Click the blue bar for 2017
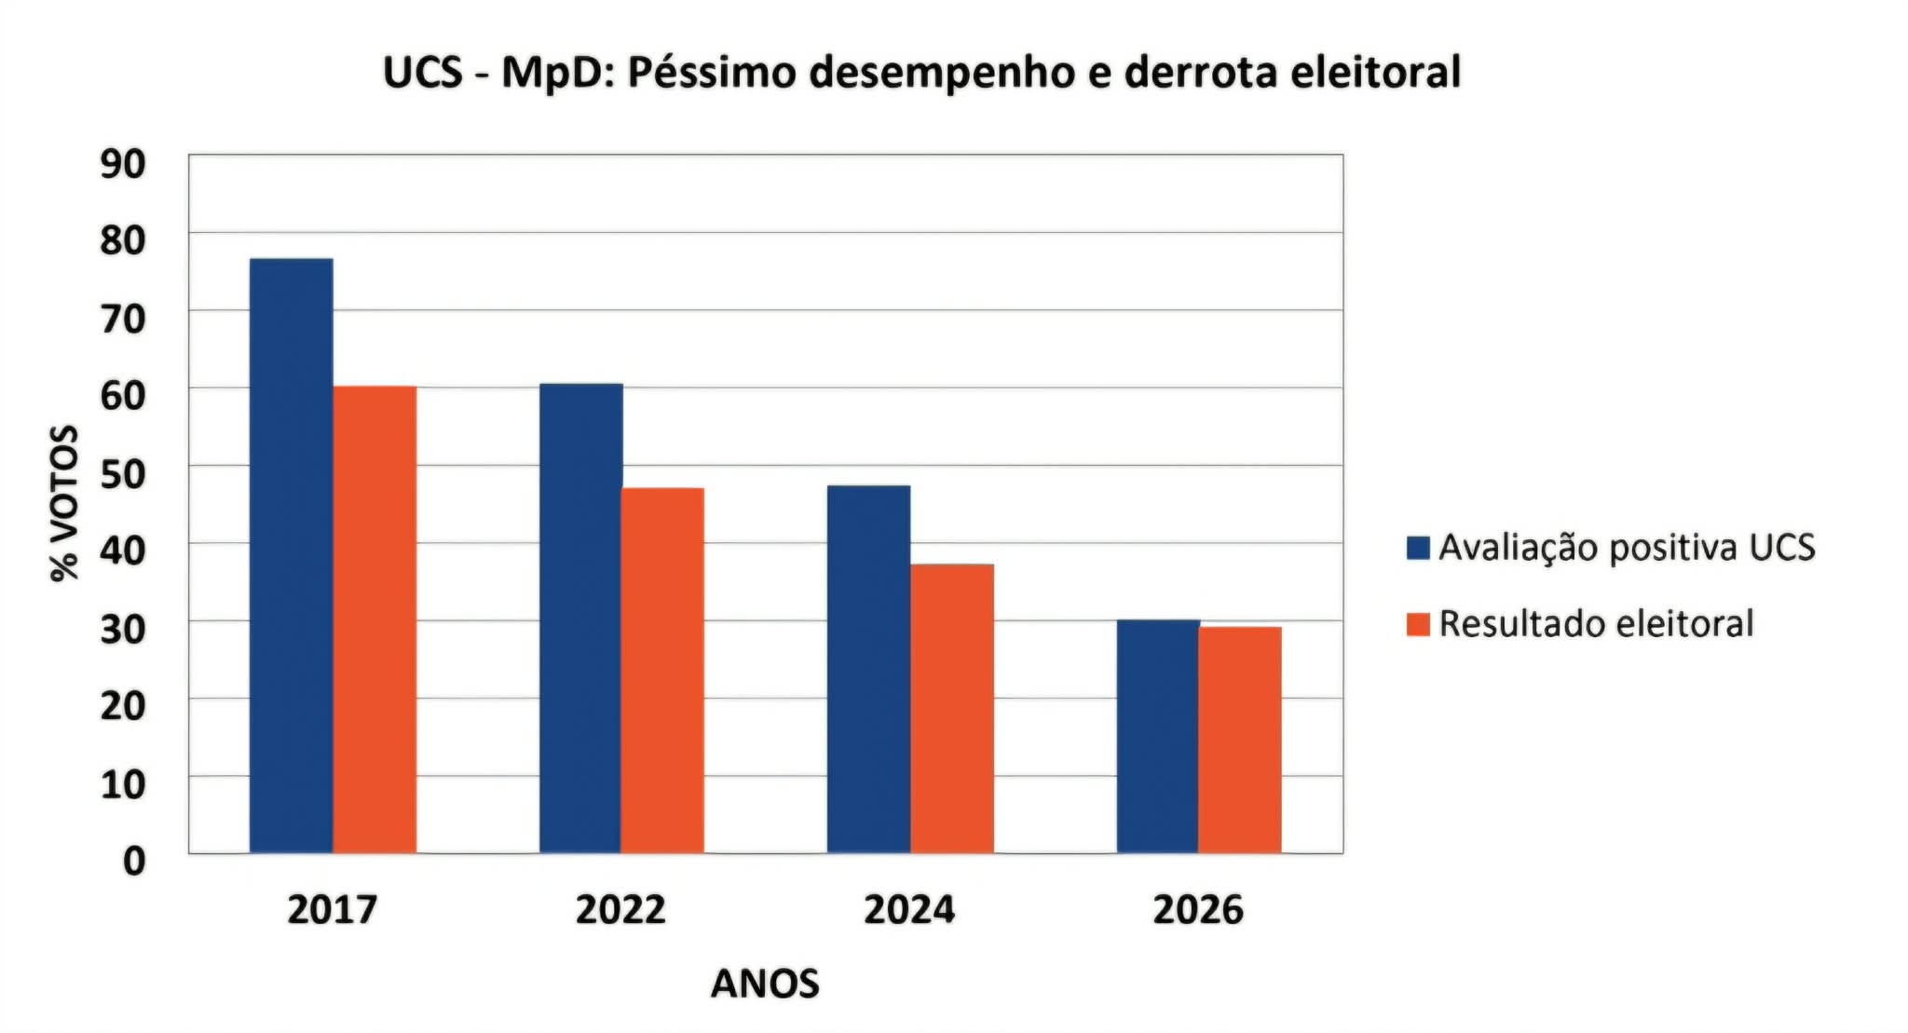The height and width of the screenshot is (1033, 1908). point(291,555)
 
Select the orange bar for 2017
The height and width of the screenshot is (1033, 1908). point(375,619)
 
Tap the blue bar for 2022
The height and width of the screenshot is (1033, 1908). point(580,618)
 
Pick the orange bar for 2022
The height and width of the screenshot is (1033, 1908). point(662,671)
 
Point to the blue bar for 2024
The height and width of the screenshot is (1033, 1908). point(868,669)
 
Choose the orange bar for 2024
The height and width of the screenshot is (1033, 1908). point(951,709)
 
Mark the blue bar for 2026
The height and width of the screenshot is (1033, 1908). point(1157,736)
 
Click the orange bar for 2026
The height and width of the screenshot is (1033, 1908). point(1240,740)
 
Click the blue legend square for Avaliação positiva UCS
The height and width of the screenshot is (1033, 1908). point(1418,548)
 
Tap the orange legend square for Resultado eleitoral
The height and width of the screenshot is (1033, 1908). point(1418,624)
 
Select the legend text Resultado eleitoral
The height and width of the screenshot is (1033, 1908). point(1596,624)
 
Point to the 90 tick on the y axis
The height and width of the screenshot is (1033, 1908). point(123,163)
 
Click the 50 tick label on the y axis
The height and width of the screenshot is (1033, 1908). point(123,473)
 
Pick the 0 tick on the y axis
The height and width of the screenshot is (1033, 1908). point(134,861)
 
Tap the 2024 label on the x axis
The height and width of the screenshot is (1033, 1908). point(909,910)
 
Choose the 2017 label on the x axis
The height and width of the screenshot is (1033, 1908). point(332,910)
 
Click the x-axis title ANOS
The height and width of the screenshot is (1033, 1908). point(765,984)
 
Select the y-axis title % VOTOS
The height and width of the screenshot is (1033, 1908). point(64,503)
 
